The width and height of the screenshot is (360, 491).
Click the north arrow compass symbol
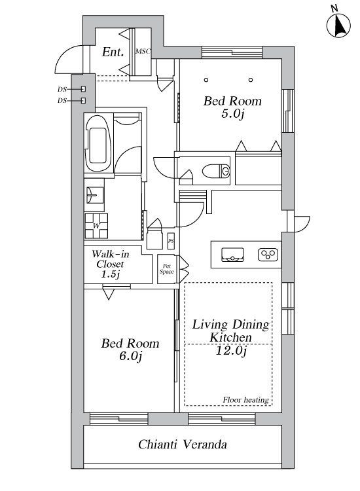pos(338,25)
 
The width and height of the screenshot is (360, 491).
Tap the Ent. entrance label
pos(113,52)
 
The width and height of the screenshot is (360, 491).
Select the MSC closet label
pos(143,51)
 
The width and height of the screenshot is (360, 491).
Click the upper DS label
pos(62,89)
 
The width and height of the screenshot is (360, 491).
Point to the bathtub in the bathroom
pos(98,143)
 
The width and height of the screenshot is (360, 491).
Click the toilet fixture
pos(216,171)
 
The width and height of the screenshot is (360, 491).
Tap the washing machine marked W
pos(96,225)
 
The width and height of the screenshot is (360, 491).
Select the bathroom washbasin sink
pos(94,195)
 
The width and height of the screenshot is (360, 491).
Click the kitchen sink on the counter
pos(232,255)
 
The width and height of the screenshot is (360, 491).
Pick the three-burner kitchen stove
pos(268,255)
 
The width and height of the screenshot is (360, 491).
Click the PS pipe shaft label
pos(171,241)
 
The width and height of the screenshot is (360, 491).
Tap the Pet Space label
pos(166,269)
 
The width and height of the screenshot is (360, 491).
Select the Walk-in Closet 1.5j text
pos(111,264)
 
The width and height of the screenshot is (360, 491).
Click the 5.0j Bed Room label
pos(232,107)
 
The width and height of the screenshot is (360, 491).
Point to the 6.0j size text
pos(130,355)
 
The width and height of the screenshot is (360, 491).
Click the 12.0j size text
pos(231,350)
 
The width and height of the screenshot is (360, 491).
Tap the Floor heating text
pos(245,400)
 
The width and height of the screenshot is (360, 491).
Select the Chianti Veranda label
pos(183,444)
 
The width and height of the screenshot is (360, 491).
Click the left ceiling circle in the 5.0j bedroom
pos(206,80)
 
